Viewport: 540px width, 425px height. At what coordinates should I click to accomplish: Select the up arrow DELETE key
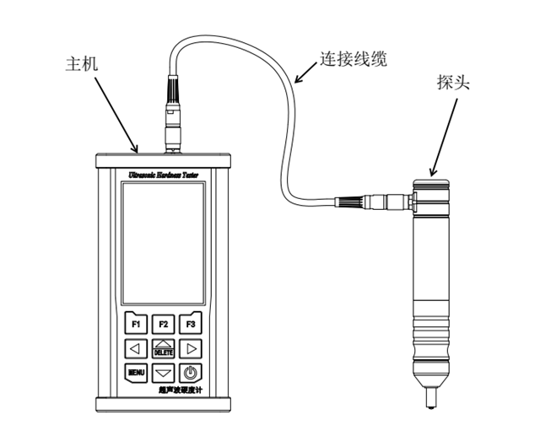(163, 347)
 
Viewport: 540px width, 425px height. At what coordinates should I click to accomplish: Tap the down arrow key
(163, 372)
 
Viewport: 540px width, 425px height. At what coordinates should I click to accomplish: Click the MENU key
(135, 372)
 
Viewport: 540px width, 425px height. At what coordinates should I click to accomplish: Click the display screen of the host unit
(162, 244)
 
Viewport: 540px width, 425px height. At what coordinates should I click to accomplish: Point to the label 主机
(82, 64)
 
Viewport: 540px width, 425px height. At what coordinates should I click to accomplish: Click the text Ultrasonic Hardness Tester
(163, 174)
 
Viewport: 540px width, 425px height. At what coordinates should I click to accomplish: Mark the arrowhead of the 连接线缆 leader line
(296, 82)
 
